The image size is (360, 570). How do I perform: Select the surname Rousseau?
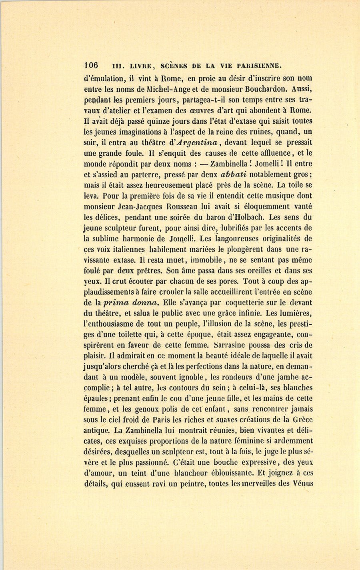[x=184, y=207]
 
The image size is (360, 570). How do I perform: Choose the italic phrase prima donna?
[x=127, y=302]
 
